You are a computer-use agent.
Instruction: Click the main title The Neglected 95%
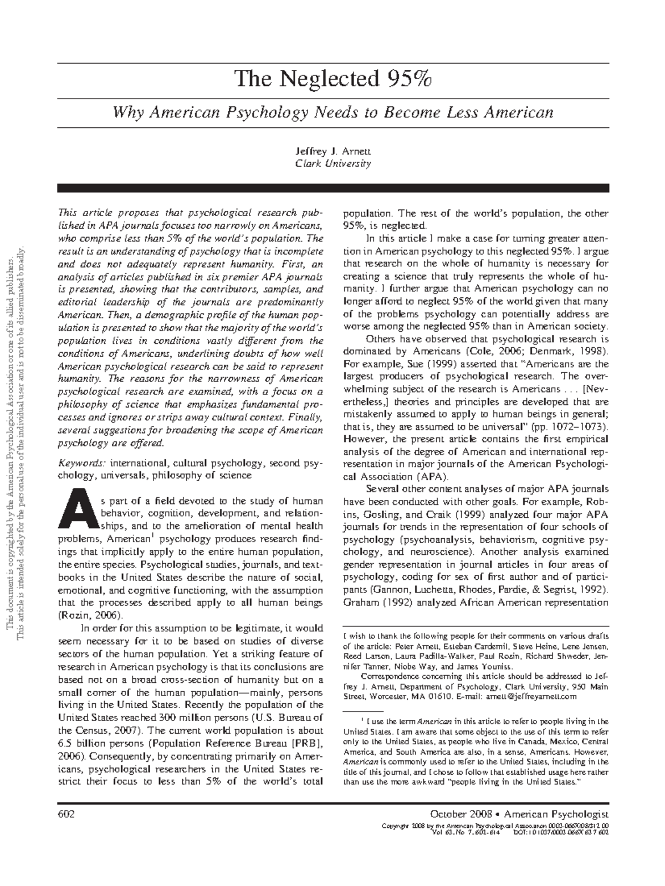click(332, 80)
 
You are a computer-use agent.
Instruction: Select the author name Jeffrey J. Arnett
click(332, 151)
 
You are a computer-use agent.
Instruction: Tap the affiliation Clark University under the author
click(332, 163)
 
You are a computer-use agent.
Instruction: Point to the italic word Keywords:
click(82, 462)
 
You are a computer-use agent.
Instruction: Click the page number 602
click(65, 814)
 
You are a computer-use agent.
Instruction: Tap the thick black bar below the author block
click(332, 188)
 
